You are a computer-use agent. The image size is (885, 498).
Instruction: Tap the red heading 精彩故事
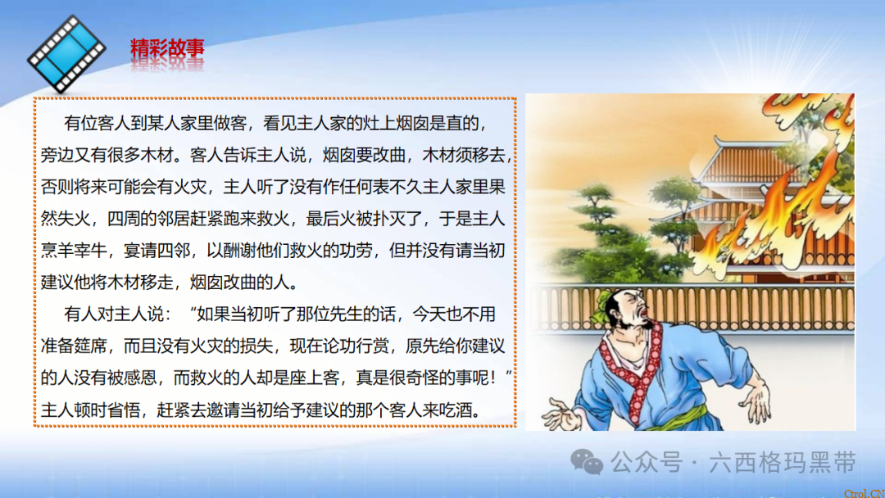coord(167,49)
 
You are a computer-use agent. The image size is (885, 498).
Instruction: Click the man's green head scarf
coord(610,305)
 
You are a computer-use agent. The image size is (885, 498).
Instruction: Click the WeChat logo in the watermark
coord(587,463)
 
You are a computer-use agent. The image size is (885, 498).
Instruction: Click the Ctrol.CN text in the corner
coord(864,491)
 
